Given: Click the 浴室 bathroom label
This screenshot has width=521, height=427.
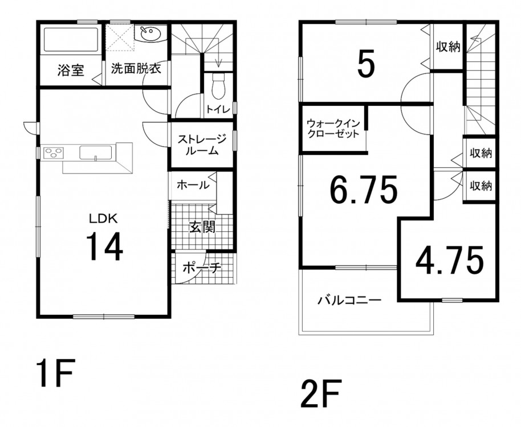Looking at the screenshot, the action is pyautogui.click(x=71, y=71).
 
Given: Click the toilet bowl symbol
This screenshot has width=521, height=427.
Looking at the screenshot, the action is pyautogui.click(x=219, y=86).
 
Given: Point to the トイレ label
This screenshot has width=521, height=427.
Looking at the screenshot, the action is pyautogui.click(x=218, y=109).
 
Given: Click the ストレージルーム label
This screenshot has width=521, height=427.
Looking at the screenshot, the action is pyautogui.click(x=202, y=145).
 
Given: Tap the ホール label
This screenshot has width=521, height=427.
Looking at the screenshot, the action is pyautogui.click(x=193, y=185).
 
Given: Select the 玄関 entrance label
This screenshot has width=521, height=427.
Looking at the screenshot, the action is pyautogui.click(x=203, y=227).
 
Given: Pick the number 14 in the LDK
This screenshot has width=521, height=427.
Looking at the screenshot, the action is pyautogui.click(x=105, y=246).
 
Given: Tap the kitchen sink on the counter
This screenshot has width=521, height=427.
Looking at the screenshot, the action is pyautogui.click(x=96, y=153).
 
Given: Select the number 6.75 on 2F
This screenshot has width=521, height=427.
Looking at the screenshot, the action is pyautogui.click(x=363, y=190).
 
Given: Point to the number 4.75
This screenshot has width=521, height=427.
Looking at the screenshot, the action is pyautogui.click(x=450, y=261).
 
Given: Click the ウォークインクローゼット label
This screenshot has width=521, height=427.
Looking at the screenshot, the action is pyautogui.click(x=333, y=129).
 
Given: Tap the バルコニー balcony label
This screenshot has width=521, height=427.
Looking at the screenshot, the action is pyautogui.click(x=349, y=301).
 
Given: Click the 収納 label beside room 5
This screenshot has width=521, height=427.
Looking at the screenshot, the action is pyautogui.click(x=448, y=47).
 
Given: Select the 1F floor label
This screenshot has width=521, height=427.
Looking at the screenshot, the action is pyautogui.click(x=55, y=372).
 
